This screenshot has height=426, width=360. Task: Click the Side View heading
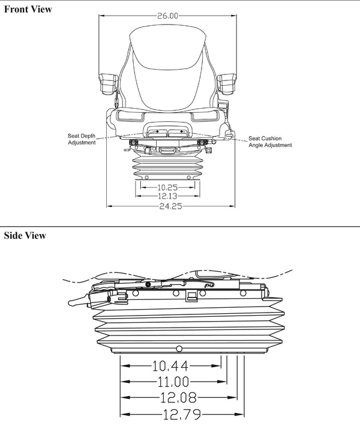25,235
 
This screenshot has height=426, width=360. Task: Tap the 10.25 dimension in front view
168,187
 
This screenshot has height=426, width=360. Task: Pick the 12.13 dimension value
168,196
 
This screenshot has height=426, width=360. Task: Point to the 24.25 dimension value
169,206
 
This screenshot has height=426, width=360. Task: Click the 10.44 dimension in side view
170,365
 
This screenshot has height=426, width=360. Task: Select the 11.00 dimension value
173,381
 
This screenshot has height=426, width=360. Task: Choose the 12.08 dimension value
178,397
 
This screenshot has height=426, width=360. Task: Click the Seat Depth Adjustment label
81,139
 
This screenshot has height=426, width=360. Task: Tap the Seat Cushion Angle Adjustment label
270,142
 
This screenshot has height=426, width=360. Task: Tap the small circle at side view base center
179,349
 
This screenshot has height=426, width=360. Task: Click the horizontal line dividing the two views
180,227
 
